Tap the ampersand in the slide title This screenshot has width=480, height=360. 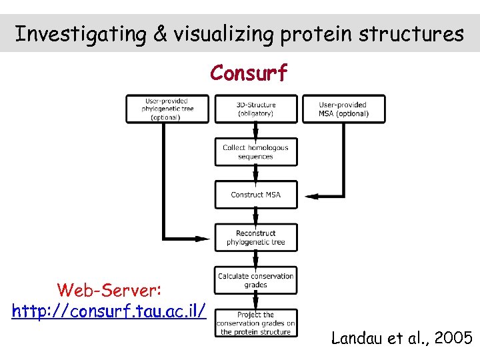(159, 34)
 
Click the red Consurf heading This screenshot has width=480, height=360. (249, 73)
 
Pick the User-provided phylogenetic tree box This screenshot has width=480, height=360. (167, 109)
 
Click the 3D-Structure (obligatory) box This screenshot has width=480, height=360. (256, 109)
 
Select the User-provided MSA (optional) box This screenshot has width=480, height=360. (343, 109)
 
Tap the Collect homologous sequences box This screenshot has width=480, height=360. (256, 152)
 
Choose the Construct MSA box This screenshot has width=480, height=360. (256, 195)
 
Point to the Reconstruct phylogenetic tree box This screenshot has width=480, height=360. (256, 237)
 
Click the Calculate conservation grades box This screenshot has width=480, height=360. (256, 280)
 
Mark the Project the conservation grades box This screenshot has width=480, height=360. (256, 323)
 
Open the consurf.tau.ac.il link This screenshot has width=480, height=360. (109, 311)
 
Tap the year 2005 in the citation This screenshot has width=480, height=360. (453, 339)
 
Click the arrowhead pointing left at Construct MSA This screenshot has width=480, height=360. (311, 195)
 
